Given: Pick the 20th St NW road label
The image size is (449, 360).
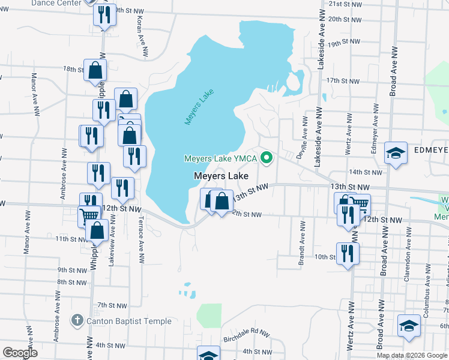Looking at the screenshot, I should (x=343, y=19).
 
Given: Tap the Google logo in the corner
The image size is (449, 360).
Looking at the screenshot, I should (x=20, y=353).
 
